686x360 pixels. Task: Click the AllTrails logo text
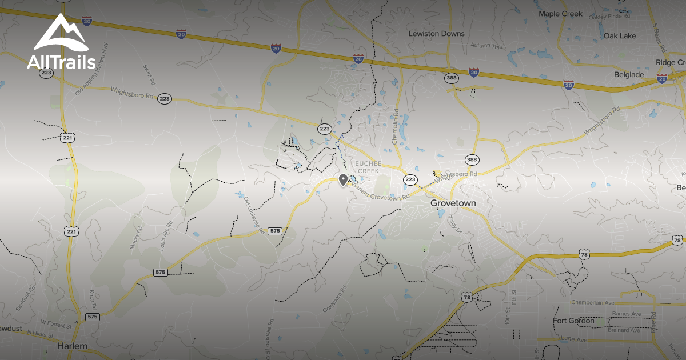click(61, 62)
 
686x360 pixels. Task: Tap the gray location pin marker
click(343, 181)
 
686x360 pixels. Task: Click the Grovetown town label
click(453, 203)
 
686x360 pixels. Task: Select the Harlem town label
click(72, 346)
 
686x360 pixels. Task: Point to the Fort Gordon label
click(573, 321)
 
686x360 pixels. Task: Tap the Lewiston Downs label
click(436, 34)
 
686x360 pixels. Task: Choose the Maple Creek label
click(560, 14)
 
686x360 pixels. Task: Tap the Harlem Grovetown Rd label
click(381, 193)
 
